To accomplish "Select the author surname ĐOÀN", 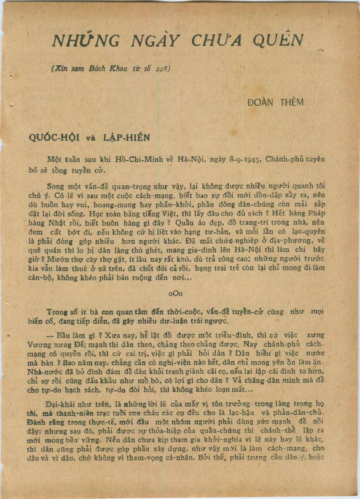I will click(260, 102).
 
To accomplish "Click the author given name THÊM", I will click(292, 102).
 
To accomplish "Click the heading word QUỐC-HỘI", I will click(54, 138).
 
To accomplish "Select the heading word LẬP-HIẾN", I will click(127, 138).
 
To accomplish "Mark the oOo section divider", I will click(176, 294).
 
